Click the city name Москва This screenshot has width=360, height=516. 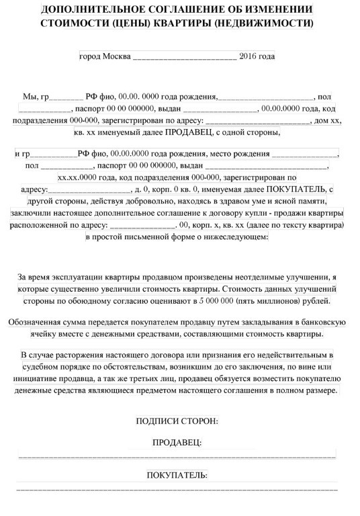tap(117, 56)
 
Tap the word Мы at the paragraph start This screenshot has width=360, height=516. tap(31, 97)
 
